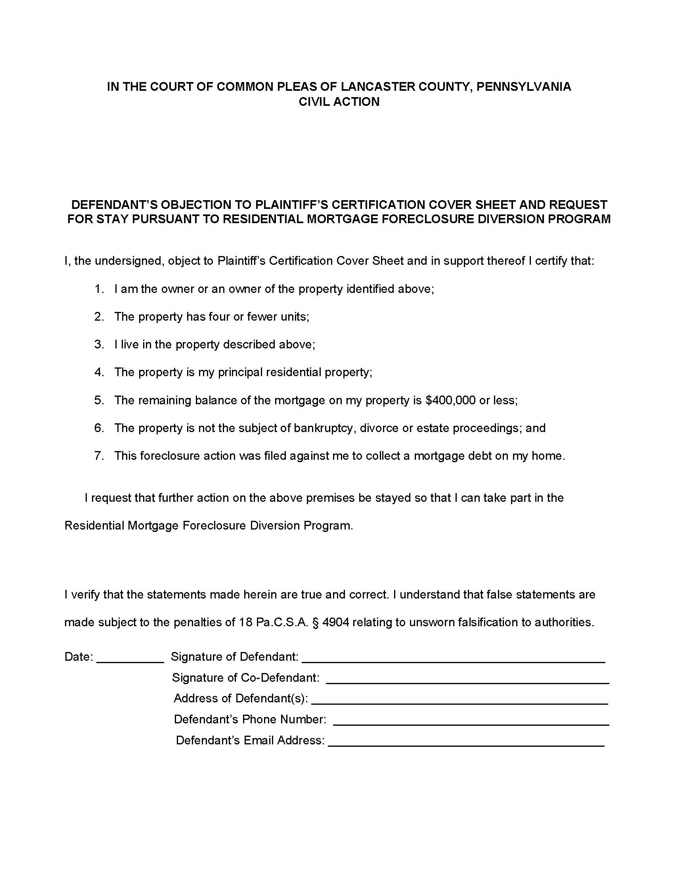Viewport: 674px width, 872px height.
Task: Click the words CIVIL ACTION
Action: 339,102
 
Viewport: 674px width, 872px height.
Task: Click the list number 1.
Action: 99,289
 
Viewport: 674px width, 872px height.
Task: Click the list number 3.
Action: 99,344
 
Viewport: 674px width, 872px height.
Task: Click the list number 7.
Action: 99,455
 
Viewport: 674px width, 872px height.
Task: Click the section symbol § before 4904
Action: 316,622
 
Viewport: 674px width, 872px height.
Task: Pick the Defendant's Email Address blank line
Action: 466,745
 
